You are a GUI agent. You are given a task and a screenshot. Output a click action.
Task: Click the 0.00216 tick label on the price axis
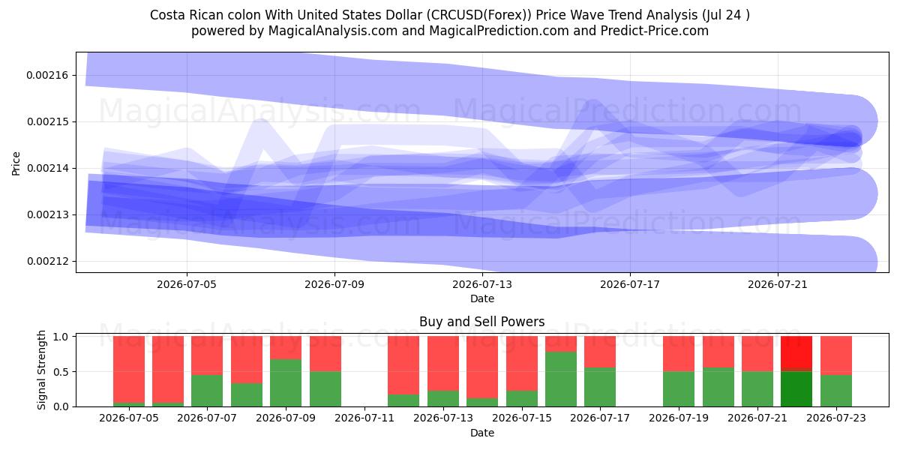47,75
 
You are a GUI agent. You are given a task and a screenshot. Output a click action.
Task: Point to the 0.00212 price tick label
47,261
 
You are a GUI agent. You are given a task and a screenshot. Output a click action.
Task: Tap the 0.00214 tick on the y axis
47,168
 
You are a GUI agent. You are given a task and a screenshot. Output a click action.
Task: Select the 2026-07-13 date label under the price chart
482,284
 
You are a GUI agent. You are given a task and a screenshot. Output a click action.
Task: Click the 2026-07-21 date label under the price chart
778,284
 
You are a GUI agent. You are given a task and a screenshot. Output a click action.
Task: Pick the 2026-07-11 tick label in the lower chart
364,418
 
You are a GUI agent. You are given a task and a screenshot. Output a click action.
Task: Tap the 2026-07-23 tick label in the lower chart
836,418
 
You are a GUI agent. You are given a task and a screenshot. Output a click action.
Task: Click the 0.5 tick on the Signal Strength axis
61,372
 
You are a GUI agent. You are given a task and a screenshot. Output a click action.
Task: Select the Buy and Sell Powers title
482,322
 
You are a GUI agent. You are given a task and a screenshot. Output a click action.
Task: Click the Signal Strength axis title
41,370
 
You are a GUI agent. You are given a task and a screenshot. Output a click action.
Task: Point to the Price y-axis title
16,163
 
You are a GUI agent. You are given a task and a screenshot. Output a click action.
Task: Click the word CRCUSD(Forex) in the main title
479,15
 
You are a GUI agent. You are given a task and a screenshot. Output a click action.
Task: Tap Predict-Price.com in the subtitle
655,31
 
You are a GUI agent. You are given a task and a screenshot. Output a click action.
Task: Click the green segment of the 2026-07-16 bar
561,379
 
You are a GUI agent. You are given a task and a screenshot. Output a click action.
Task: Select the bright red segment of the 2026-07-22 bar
796,352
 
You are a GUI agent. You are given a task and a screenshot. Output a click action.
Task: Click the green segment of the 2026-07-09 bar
286,383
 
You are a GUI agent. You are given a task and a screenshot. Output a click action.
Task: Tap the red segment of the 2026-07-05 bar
129,370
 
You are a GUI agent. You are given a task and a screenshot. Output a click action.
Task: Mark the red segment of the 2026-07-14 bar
482,367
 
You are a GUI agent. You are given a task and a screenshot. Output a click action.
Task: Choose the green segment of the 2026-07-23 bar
836,391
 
